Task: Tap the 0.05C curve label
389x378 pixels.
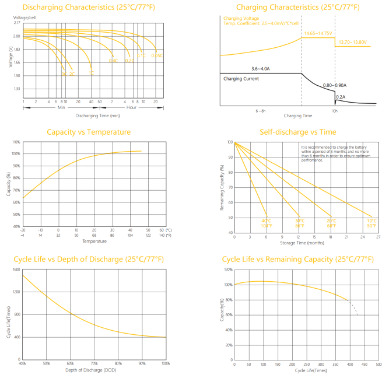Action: tap(156, 55)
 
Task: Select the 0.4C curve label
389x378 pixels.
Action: tap(113, 60)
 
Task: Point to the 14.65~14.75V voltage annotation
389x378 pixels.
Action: tap(318, 34)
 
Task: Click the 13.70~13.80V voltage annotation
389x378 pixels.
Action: tap(352, 42)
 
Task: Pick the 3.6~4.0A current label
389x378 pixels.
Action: tap(261, 69)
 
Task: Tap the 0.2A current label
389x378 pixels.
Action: tap(341, 97)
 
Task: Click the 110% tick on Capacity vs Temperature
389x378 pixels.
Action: tap(16, 142)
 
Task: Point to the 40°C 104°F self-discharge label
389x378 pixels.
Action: tap(267, 223)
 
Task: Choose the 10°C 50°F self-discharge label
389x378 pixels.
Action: tap(372, 223)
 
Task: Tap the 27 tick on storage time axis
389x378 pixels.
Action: tap(378, 237)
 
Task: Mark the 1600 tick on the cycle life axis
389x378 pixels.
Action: tap(16, 269)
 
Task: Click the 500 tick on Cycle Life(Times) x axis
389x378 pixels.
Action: tap(379, 364)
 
